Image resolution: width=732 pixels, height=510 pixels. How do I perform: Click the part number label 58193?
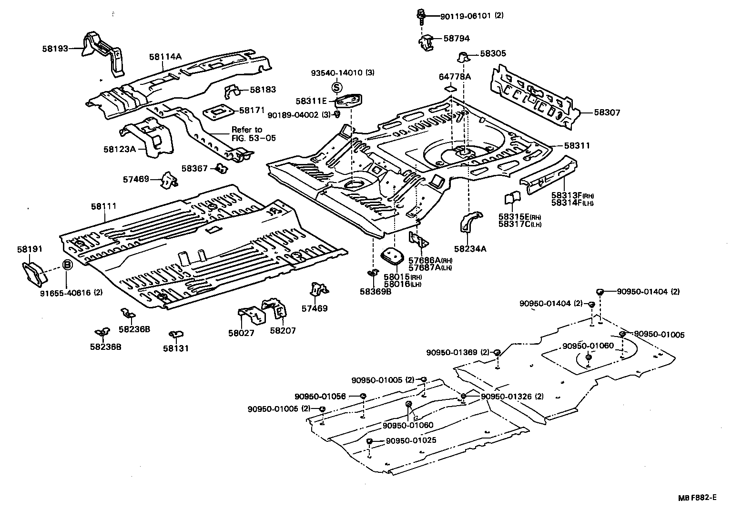point(55,48)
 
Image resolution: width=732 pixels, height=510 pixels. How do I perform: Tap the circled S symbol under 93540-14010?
point(336,87)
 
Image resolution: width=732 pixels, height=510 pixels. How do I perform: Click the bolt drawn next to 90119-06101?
point(421,18)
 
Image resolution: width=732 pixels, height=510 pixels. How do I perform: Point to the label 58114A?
point(165,57)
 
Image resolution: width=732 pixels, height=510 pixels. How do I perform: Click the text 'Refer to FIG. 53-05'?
point(253,134)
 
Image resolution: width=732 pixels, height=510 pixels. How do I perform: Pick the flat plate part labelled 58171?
point(218,112)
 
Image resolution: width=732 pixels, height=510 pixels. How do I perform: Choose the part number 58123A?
point(120,149)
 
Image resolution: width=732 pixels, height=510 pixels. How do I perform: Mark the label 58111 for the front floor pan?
point(104,206)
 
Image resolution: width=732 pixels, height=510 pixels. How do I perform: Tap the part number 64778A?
point(454,76)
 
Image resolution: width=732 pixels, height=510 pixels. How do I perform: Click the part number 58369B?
point(376,291)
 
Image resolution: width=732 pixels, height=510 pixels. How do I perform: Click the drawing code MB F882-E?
point(698,498)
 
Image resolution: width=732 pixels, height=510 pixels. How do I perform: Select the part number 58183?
point(263,90)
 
